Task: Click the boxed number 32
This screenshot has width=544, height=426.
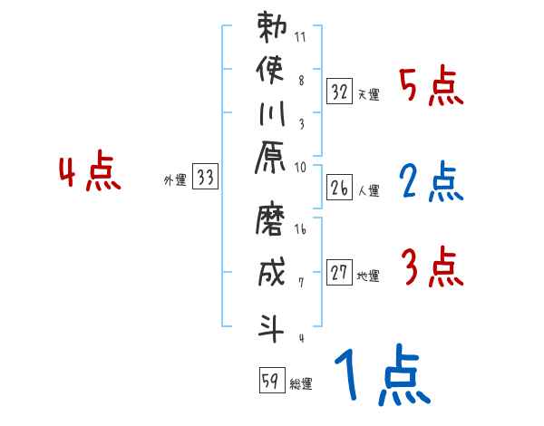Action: [x=339, y=92]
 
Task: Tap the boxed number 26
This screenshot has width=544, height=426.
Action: [x=339, y=189]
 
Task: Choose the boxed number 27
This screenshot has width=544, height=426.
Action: [x=339, y=273]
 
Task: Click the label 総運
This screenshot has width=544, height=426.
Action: [x=301, y=384]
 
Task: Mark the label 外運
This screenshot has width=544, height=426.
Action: [x=175, y=180]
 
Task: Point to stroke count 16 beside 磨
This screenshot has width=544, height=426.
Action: [x=300, y=230]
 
